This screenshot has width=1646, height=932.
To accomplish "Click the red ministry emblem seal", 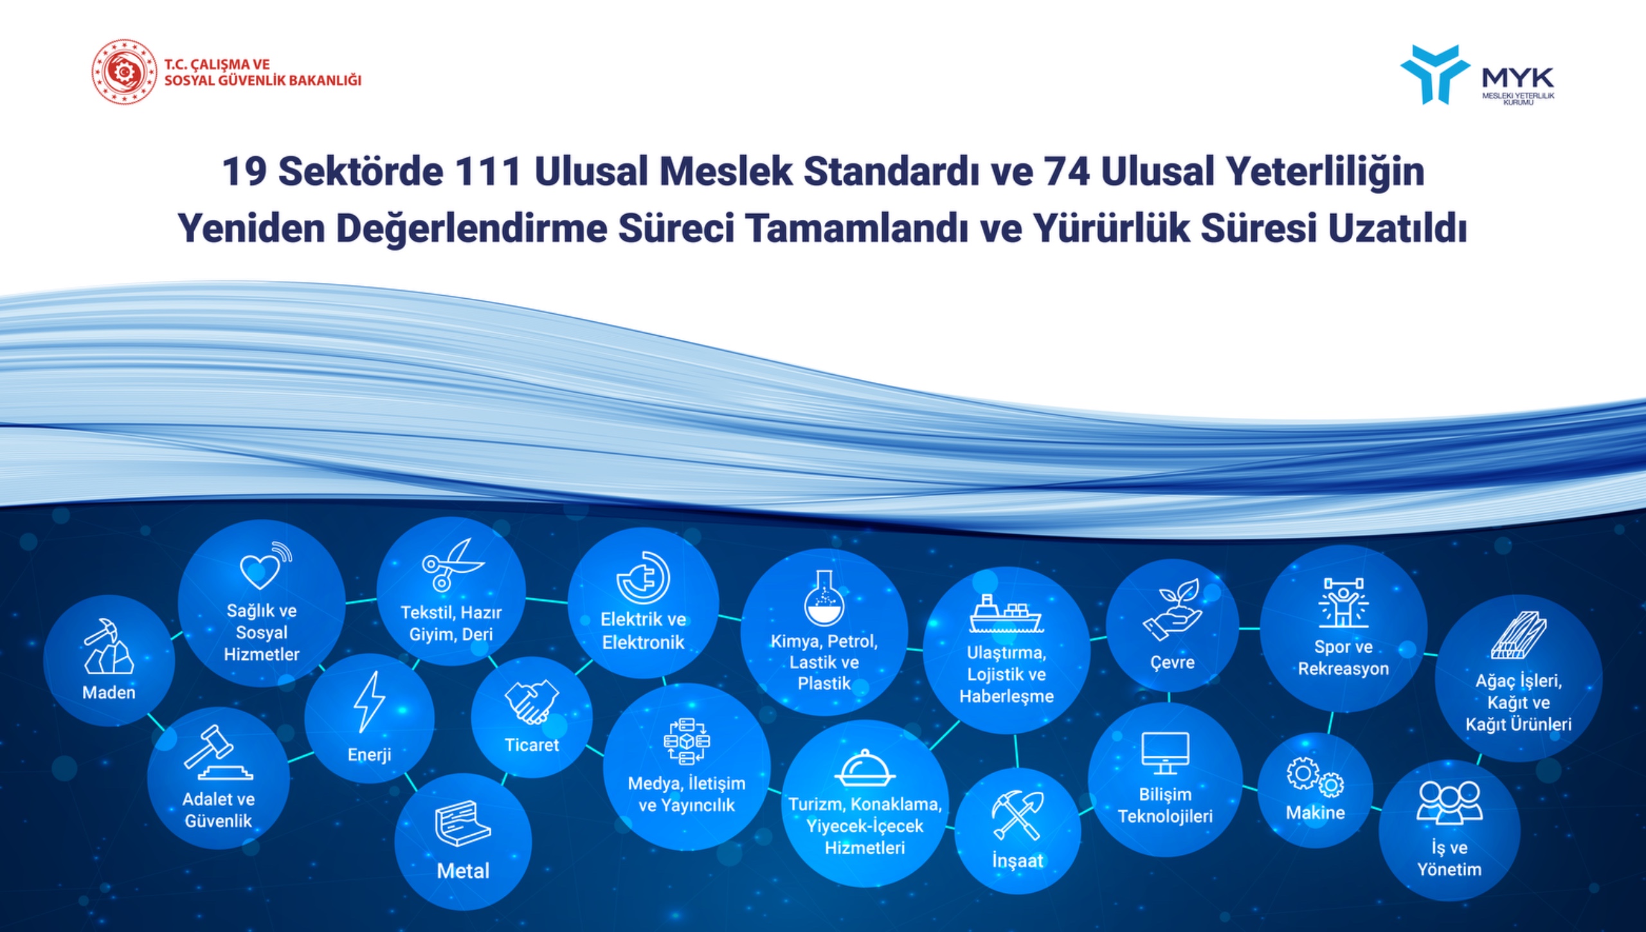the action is click(x=124, y=71).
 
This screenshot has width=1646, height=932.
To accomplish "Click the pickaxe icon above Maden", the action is click(x=108, y=645).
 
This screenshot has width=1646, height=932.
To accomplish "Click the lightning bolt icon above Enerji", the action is click(x=369, y=703).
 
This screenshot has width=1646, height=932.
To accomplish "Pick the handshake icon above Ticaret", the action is click(x=532, y=701).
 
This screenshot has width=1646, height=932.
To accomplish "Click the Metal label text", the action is click(x=463, y=871).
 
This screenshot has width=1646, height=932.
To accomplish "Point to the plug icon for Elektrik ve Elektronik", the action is click(x=643, y=577).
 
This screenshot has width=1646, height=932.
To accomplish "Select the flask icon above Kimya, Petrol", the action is click(x=824, y=598).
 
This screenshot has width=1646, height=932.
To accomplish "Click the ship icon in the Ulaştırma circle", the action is click(x=1006, y=613).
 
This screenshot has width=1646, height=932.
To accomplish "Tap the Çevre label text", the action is click(x=1172, y=663).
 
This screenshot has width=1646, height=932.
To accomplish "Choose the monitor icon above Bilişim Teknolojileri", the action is click(x=1165, y=753).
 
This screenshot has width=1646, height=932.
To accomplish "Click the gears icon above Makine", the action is click(x=1315, y=777).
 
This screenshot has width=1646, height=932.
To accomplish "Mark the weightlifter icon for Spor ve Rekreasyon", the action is click(x=1343, y=602).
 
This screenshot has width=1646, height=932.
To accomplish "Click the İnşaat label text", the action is click(x=1017, y=861).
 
